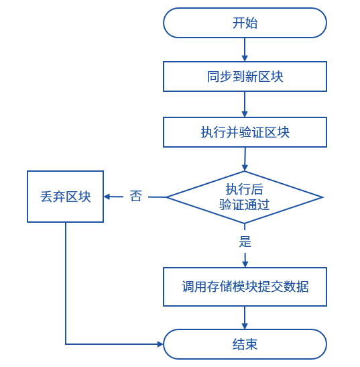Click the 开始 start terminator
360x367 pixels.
(x=245, y=23)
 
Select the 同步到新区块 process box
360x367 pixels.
(x=245, y=76)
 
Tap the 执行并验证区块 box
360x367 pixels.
(x=245, y=132)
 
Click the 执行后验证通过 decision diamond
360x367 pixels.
(x=245, y=197)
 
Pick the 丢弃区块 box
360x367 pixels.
(x=65, y=197)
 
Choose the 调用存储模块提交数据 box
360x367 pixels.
(x=245, y=286)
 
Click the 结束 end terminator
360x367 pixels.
(x=245, y=344)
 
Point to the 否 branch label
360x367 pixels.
(x=135, y=196)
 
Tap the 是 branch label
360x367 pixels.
(x=245, y=242)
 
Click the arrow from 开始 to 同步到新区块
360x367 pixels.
(x=245, y=50)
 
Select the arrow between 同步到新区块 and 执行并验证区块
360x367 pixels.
(x=245, y=105)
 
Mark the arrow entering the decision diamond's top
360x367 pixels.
(x=245, y=159)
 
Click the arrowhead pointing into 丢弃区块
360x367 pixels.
(x=107, y=197)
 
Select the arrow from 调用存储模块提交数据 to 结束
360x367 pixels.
(x=245, y=317)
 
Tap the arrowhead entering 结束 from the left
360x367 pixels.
(x=160, y=344)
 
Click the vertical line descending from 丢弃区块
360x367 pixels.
(x=66, y=283)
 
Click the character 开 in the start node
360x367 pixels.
(x=239, y=23)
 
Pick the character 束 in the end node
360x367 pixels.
(x=251, y=344)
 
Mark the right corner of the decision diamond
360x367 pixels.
(x=323, y=197)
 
